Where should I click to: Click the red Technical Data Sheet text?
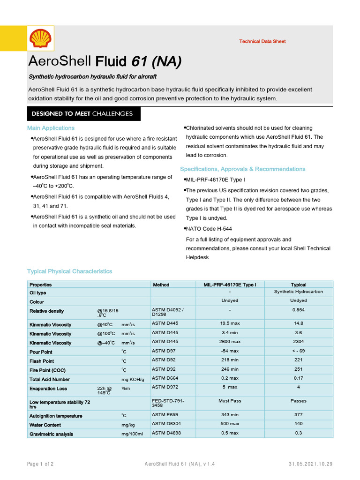pos(262,41)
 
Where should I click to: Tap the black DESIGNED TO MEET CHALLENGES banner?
pos(82,114)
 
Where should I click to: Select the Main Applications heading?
pos(51,128)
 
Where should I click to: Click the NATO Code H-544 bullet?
pos(209,229)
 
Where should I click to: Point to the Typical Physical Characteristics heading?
pos(69,271)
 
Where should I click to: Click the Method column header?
pos(161,285)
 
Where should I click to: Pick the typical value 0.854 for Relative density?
pos(298,310)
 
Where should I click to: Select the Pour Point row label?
pos(41,352)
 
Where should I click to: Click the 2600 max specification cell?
pos(230,342)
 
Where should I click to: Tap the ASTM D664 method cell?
pos(165,378)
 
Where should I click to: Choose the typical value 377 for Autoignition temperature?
pos(298,415)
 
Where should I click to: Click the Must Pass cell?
pos(230,401)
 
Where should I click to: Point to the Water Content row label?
pos(45,425)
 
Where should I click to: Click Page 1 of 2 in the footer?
pos(40,464)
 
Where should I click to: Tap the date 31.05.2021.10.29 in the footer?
pos(310,464)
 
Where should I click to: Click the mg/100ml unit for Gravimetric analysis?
pos(133,435)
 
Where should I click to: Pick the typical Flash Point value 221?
pos(298,360)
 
